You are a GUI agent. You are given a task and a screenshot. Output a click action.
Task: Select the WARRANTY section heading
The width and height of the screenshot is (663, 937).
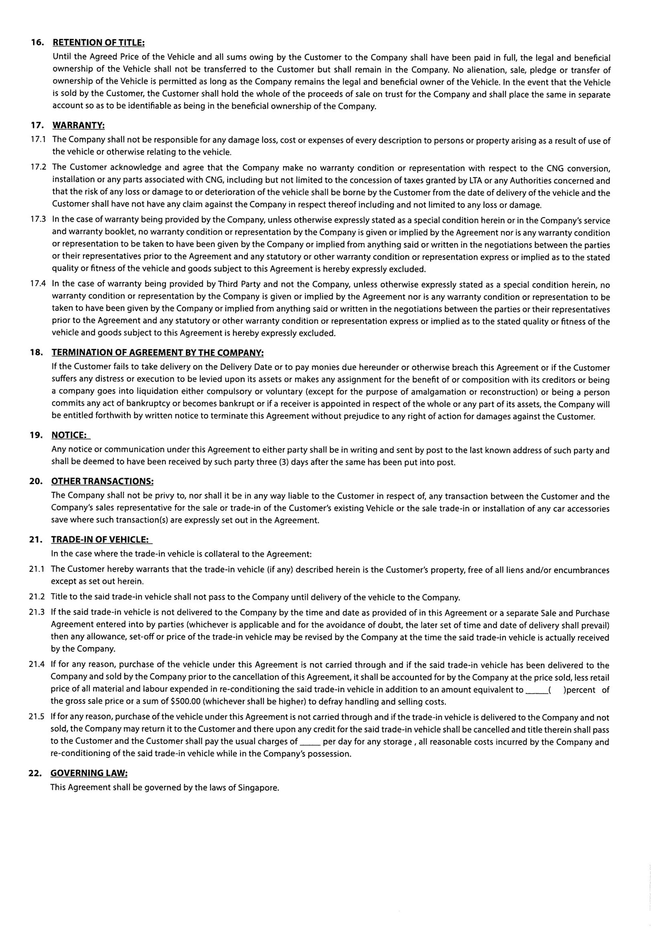79,125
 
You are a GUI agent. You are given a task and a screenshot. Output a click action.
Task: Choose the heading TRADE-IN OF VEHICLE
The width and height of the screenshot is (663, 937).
100,540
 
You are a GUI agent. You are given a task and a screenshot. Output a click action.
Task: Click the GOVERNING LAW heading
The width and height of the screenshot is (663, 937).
89,773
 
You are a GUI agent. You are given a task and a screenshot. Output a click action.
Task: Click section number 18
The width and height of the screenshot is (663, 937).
36,353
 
